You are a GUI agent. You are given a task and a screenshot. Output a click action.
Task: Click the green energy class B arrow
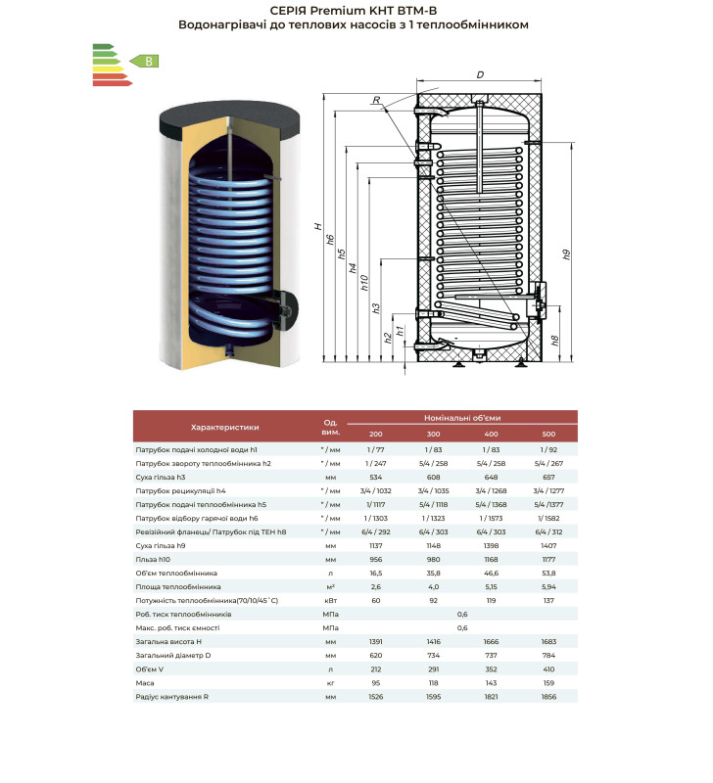point(144,62)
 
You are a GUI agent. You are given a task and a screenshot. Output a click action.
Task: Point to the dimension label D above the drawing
point(480,75)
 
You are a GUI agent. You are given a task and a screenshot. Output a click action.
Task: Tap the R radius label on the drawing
point(377,100)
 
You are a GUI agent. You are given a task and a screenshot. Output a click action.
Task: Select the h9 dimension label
point(566,254)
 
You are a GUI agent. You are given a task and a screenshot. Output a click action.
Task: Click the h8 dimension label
point(554,341)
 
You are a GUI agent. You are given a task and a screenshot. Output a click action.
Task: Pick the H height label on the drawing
point(317,227)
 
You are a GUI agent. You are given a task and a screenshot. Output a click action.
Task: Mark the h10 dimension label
point(364,283)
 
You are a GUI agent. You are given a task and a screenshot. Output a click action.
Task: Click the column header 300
point(433,434)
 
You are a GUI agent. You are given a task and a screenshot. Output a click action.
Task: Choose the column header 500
point(548,434)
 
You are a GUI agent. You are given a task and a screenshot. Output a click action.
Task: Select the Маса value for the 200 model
point(376,682)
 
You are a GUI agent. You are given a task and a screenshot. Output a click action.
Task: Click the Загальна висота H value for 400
point(491,642)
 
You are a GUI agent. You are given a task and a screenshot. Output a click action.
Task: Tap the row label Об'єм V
point(150,669)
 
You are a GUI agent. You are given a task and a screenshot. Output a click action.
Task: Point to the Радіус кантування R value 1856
point(548,697)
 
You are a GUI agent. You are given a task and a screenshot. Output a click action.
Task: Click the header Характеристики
point(225,427)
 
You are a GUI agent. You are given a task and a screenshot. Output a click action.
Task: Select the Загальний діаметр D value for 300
point(433,655)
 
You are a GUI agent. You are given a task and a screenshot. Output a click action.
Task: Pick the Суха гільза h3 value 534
point(376,477)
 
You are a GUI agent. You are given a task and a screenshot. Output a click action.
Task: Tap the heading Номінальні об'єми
point(462,418)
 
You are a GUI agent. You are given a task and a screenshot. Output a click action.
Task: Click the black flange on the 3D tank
point(288,310)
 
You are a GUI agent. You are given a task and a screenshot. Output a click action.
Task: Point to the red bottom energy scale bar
point(113,83)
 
